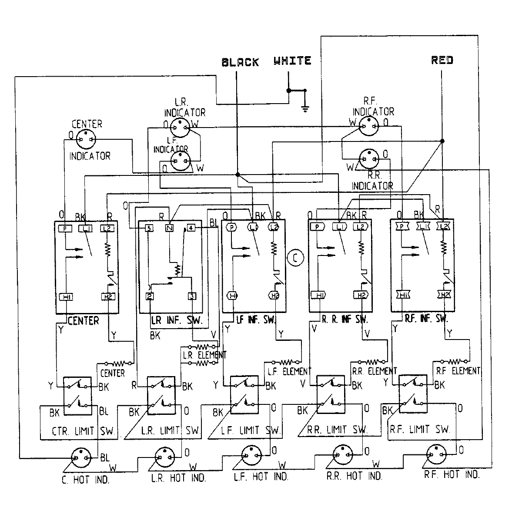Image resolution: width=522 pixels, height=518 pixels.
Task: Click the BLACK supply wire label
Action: point(240,62)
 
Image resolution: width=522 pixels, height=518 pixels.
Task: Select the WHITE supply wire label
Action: point(292,61)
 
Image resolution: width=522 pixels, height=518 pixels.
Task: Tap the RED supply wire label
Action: point(442,60)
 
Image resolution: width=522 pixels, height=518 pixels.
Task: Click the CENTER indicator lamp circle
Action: point(85,139)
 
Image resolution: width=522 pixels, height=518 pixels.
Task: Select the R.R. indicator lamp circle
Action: point(369,160)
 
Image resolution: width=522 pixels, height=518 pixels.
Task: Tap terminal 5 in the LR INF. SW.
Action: point(149,228)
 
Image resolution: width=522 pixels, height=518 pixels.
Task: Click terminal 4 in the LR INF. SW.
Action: point(191,228)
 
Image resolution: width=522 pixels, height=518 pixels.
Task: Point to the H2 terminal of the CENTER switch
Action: point(107,297)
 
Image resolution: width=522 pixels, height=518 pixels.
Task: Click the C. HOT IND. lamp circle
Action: point(81,457)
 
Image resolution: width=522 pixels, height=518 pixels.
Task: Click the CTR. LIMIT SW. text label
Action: point(83,431)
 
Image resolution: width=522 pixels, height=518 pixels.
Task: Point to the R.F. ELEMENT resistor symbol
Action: point(453,361)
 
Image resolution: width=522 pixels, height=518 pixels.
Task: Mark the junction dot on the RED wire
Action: point(442,141)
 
